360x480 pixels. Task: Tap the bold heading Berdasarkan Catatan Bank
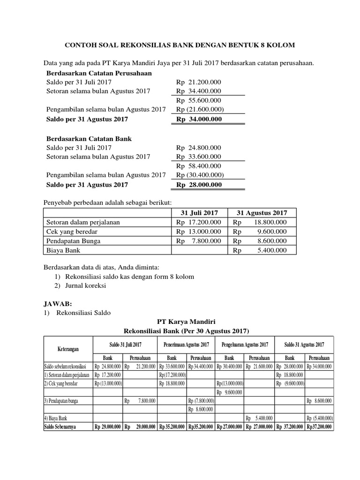pyautogui.click(x=89, y=139)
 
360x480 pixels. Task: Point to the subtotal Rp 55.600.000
pyautogui.click(x=198, y=100)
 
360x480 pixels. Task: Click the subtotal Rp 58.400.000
pyautogui.click(x=198, y=166)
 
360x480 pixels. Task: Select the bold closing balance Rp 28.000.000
pyautogui.click(x=198, y=185)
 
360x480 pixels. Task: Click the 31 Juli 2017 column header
pyautogui.click(x=199, y=213)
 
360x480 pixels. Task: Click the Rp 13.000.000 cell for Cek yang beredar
pyautogui.click(x=198, y=232)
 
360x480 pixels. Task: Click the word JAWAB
pyautogui.click(x=59, y=303)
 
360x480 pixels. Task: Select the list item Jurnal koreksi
pyautogui.click(x=85, y=285)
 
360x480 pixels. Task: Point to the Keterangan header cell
pyautogui.click(x=68, y=349)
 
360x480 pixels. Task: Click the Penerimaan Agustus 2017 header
pyautogui.click(x=186, y=345)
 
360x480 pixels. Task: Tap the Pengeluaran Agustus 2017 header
pyautogui.click(x=245, y=345)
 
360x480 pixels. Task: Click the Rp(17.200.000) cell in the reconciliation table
pyautogui.click(x=172, y=375)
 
